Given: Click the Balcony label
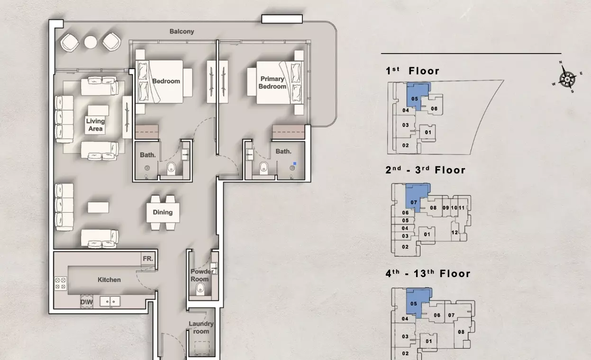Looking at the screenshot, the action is (x=182, y=31).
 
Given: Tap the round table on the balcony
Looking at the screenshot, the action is (x=90, y=42).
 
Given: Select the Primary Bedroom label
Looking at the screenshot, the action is (x=273, y=82).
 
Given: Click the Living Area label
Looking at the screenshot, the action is (x=95, y=125).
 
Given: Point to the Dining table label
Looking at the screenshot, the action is (x=163, y=212).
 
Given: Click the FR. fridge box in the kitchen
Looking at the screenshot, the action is (x=148, y=259).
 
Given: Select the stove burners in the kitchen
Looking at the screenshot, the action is (x=61, y=284).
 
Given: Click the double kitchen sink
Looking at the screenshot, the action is (x=110, y=301).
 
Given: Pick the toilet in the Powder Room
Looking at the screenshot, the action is (x=200, y=289).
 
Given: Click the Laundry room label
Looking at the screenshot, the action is (x=201, y=328).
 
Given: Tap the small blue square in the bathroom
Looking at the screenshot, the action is (x=295, y=163).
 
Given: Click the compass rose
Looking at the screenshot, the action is (x=567, y=78).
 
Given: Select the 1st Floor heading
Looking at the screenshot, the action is (x=412, y=71).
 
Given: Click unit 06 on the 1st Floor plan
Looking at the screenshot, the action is (x=434, y=108).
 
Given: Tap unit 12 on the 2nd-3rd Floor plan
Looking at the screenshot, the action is (x=455, y=233).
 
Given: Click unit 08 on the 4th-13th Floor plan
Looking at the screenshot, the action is (x=461, y=332).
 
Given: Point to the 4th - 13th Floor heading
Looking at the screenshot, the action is (x=428, y=274).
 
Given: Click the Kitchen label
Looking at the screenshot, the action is (x=109, y=280).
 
